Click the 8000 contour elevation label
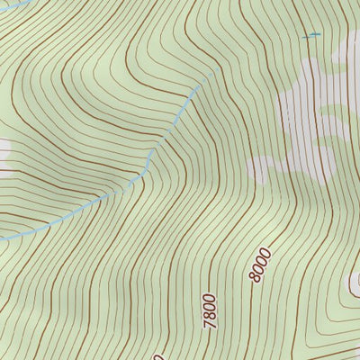259,265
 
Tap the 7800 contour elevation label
211,310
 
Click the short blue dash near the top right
311,35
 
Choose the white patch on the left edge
4,151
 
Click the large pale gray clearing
310,117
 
